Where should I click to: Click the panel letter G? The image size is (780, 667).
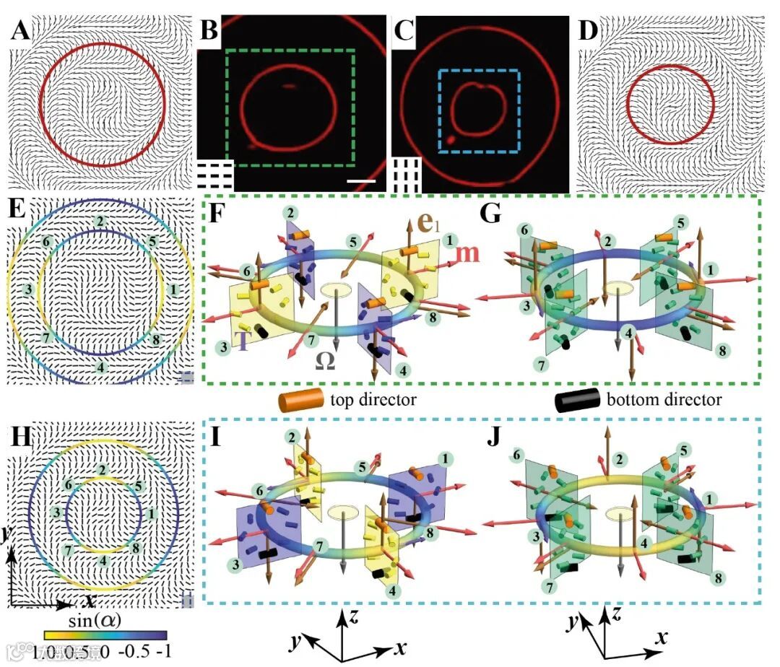(492, 213)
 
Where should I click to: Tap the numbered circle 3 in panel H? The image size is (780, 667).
(56, 511)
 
